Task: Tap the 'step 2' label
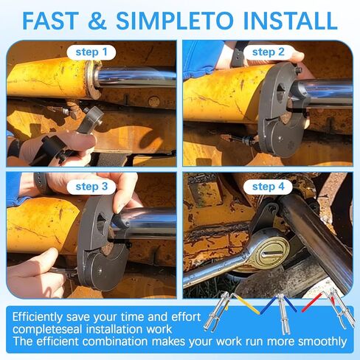(269, 52)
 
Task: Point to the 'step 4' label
(269, 186)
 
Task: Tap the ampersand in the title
(111, 19)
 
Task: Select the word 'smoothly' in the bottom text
(313, 341)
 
